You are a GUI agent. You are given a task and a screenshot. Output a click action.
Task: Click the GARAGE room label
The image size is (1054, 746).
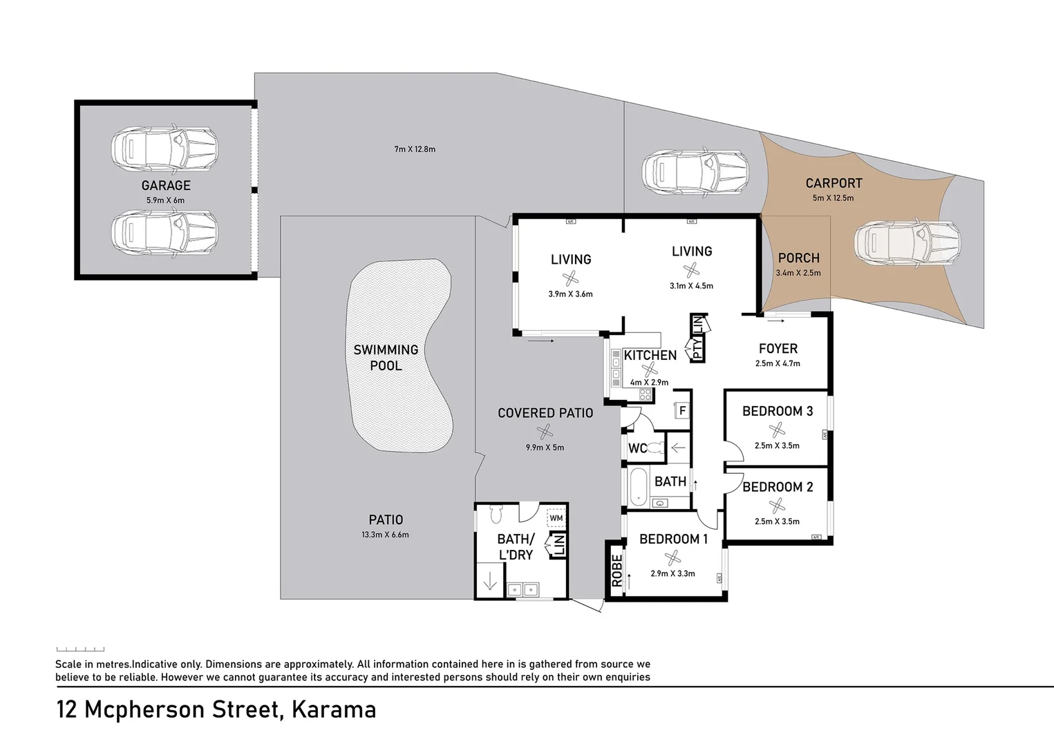(166, 185)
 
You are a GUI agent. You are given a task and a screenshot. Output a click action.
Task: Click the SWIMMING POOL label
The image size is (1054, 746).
(386, 357)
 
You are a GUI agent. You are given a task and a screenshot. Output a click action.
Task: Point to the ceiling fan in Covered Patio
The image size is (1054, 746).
(545, 432)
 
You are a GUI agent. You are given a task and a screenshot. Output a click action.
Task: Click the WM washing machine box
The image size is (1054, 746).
(556, 518)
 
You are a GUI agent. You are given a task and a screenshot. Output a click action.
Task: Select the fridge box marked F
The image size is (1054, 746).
(682, 411)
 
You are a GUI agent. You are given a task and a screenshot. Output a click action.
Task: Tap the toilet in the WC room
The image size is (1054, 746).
(657, 448)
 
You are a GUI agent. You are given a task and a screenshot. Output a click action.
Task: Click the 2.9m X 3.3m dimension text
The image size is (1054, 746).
(672, 573)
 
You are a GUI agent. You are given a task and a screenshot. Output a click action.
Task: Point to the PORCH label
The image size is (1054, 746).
(798, 258)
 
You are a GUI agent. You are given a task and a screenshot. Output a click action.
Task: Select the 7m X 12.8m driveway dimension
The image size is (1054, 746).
(415, 149)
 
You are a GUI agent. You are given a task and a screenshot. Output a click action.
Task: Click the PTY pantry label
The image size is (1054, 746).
(697, 347)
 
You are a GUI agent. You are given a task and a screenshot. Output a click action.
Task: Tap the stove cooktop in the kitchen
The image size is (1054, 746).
(645, 394)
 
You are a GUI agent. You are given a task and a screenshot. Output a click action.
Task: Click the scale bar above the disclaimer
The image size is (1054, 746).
(80, 649)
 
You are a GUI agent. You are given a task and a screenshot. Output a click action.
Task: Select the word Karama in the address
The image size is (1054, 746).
(334, 709)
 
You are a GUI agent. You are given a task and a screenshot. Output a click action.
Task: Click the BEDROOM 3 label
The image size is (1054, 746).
(777, 411)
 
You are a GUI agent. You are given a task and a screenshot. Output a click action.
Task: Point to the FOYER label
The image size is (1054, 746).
(778, 349)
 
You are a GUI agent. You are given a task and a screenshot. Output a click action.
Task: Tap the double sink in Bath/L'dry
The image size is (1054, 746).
(523, 590)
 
